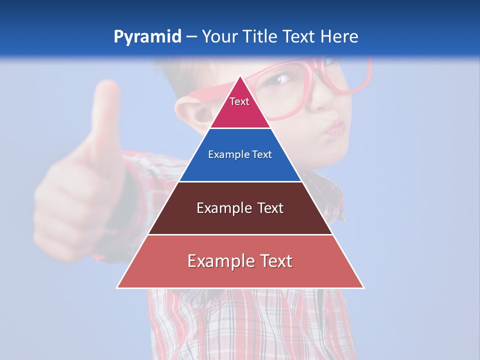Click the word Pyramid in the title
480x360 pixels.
[147, 37]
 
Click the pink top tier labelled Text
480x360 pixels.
[239, 107]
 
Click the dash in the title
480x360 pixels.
[191, 37]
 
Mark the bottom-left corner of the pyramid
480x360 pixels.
[117, 287]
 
